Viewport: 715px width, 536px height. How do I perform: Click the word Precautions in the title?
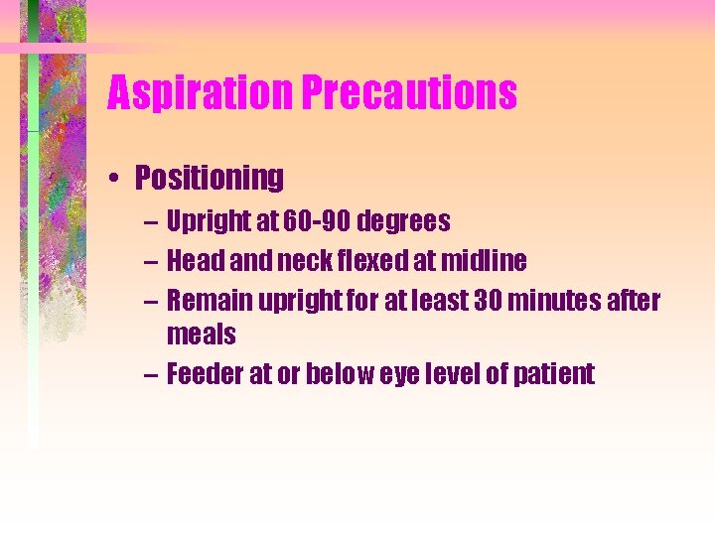click(x=409, y=94)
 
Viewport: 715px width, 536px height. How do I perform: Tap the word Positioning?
click(x=210, y=178)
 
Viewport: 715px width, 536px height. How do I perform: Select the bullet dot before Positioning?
click(x=117, y=179)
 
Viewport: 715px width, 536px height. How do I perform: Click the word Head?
click(x=191, y=261)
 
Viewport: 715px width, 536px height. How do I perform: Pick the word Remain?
click(x=203, y=301)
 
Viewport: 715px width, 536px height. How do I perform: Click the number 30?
click(x=475, y=301)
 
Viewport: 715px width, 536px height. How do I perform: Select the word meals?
click(x=202, y=335)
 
